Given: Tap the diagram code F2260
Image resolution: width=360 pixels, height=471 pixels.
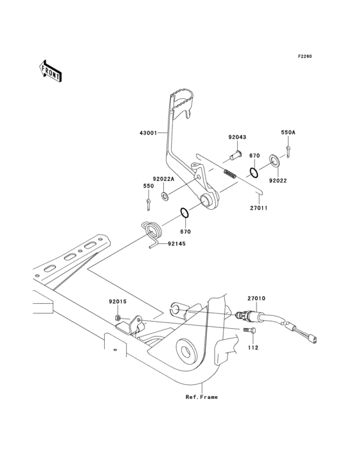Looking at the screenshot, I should coord(304,57).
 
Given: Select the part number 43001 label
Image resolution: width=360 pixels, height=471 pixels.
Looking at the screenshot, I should coord(148,133).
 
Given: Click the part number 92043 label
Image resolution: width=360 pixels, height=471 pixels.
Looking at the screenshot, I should coord(237,137).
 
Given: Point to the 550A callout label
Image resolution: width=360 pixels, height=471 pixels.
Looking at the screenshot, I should coord(288,132).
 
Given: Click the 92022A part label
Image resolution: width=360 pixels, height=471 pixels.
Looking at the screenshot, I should coord(164,180).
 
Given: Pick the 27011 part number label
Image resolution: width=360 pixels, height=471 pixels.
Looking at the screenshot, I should coord(258,208).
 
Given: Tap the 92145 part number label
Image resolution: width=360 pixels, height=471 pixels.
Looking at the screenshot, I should coord(179,244).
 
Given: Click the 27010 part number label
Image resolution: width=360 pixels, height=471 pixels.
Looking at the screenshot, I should coord(256,298).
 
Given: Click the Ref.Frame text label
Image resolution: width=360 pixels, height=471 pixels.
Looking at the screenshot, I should coord(202,397).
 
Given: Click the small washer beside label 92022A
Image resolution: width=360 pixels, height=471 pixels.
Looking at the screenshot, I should coord(166,195).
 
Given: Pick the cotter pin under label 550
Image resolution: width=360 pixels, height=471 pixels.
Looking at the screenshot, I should coord(148,204).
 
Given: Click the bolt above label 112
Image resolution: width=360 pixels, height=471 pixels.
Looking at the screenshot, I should coord(250,331).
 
